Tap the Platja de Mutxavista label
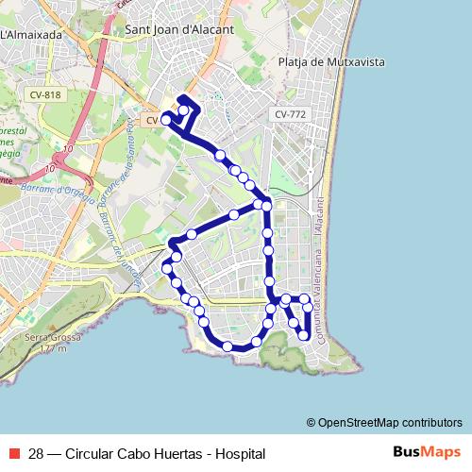coord(331,62)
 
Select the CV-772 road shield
coord(290,114)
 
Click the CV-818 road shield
coord(45,94)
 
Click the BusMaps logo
coord(426,453)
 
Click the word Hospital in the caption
coord(241,453)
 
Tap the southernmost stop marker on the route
coord(228,347)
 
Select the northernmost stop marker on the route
coord(183,110)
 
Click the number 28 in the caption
coord(38,453)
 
